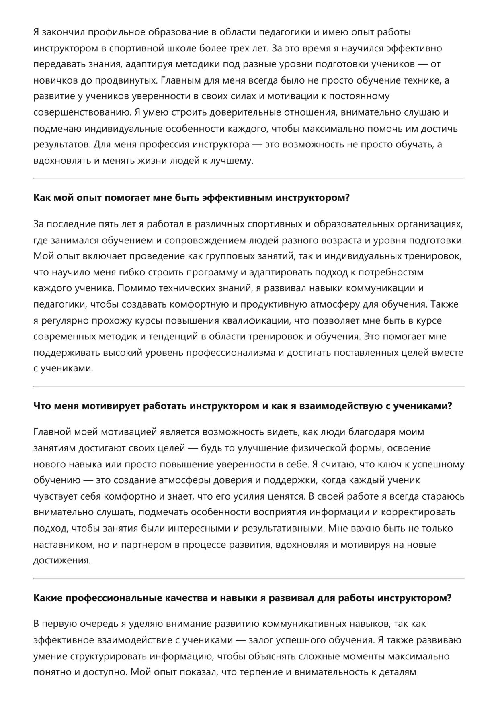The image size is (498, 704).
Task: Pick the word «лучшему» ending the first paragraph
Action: coord(234,161)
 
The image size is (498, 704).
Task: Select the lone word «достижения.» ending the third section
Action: coord(62,561)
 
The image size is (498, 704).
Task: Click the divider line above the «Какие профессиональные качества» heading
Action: coord(249,578)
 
